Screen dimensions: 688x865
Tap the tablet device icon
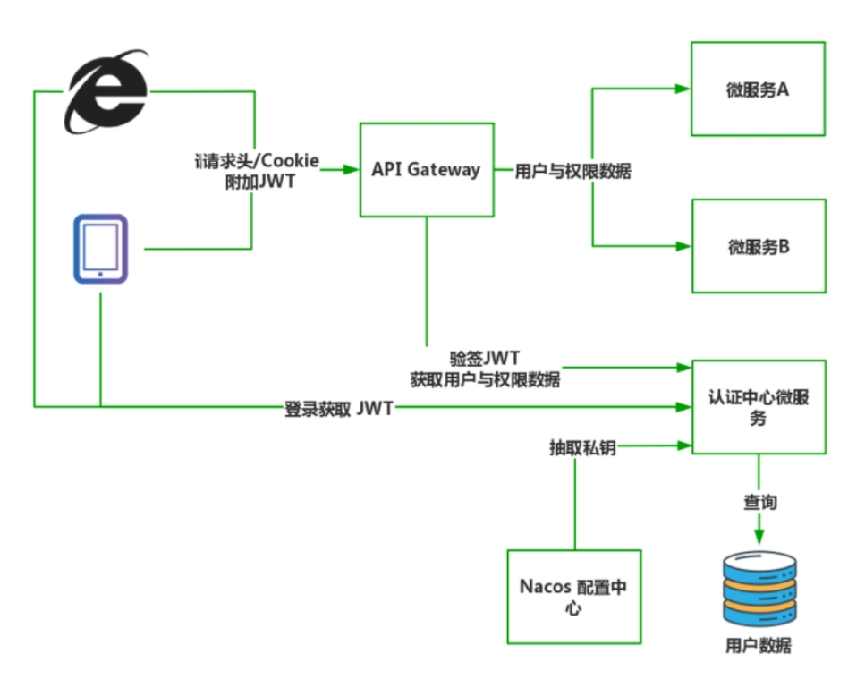(x=100, y=249)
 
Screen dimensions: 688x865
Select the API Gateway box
(x=427, y=169)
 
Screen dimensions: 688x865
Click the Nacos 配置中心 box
(x=573, y=597)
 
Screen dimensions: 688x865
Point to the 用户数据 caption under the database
(x=758, y=646)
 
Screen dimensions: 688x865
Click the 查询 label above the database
(x=759, y=503)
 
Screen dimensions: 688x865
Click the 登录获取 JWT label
(x=338, y=410)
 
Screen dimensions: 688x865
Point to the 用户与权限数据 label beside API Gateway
(x=573, y=171)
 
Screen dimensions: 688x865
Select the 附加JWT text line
(x=258, y=180)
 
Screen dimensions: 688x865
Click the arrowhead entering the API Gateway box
(x=352, y=169)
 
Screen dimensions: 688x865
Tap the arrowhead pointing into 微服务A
(x=683, y=89)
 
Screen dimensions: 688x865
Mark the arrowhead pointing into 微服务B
(x=683, y=245)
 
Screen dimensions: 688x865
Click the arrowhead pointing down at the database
(x=759, y=535)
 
